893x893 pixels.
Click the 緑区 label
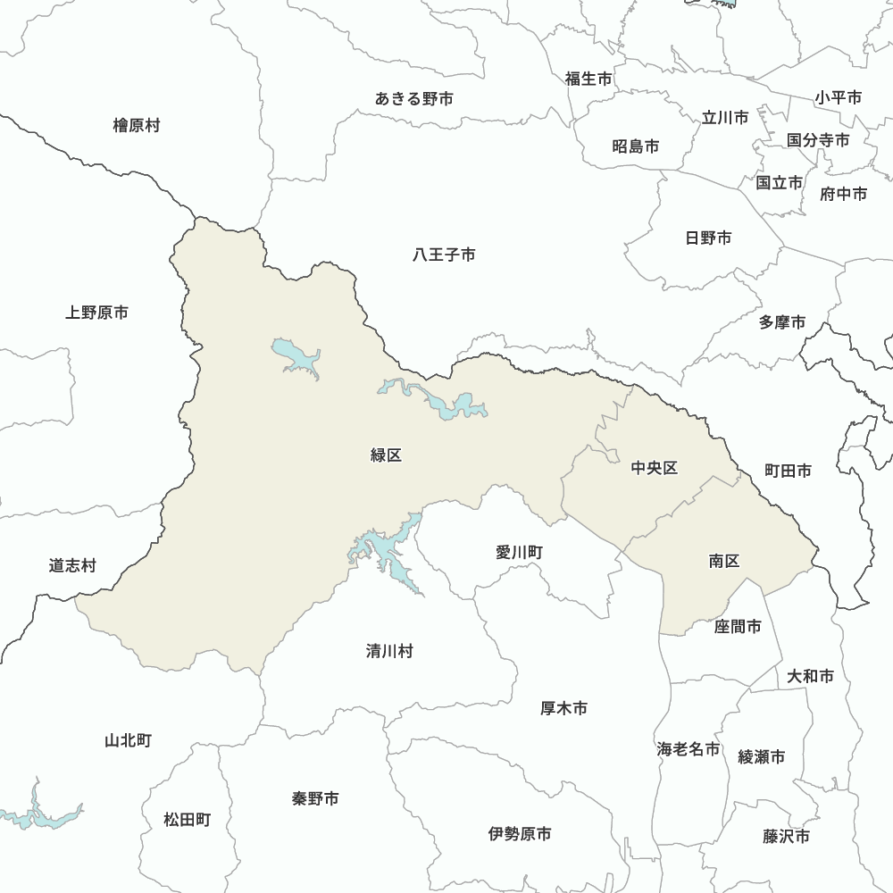pos(386,455)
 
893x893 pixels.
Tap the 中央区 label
pos(655,468)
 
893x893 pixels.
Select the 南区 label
pos(724,561)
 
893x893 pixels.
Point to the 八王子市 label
pos(444,255)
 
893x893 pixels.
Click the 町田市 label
pos(788,470)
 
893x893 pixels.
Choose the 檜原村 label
pos(137,125)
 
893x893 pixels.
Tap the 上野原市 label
pos(96,313)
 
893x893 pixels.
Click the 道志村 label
pos(72,565)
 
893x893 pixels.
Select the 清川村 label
pos(389,651)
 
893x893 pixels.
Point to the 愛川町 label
pos(519,553)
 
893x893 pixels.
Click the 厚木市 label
pos(564,708)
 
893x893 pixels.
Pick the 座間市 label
pos(738,627)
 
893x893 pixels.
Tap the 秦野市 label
pos(315,798)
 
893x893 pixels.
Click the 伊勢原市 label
pos(520,834)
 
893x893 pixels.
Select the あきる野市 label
pos(414,98)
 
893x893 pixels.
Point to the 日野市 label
pos(708,238)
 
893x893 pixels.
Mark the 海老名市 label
pos(688,749)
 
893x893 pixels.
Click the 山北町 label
pos(128,740)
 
